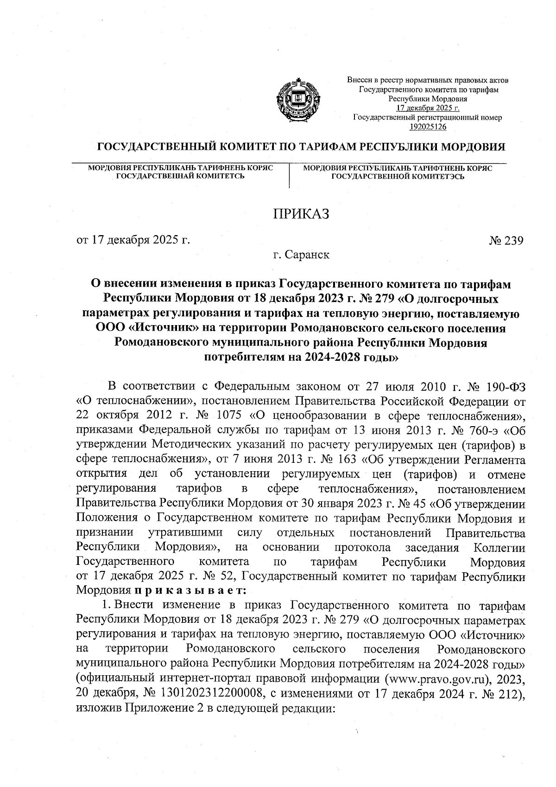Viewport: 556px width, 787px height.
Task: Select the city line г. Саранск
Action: pos(301,255)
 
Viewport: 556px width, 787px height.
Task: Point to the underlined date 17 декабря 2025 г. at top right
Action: pos(428,108)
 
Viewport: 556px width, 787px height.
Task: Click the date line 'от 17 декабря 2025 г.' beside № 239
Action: pos(133,241)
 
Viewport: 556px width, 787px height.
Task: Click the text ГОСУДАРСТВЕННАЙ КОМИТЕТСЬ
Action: pos(180,176)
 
